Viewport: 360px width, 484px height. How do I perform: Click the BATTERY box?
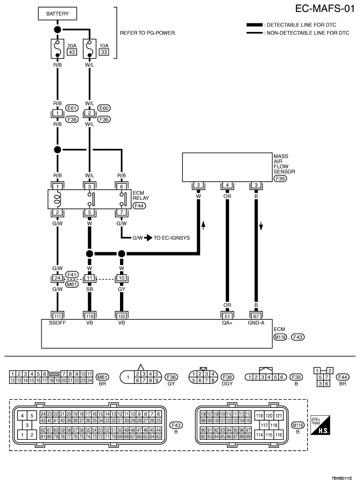tap(58, 14)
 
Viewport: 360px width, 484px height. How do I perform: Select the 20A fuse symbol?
tap(58, 49)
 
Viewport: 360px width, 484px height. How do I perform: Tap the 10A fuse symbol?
tap(90, 49)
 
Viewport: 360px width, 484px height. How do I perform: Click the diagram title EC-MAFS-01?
tap(325, 9)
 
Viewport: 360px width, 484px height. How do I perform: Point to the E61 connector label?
tap(72, 109)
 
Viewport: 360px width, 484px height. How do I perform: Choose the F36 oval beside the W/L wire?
tap(104, 119)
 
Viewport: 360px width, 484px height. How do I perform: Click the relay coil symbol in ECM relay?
tap(58, 199)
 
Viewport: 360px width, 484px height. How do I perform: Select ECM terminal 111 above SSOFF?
tap(58, 316)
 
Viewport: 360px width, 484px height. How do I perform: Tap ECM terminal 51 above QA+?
tap(227, 316)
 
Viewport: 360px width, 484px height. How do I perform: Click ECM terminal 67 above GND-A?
tap(256, 316)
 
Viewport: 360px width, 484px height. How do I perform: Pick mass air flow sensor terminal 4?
tap(227, 185)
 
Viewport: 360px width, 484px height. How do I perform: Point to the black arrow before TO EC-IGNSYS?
tap(148, 238)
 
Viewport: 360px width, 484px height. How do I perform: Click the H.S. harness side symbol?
tap(320, 425)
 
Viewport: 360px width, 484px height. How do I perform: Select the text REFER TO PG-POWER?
tap(148, 33)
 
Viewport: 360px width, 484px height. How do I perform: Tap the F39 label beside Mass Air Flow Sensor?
tap(280, 178)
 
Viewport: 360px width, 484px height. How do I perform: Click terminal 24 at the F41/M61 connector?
tap(58, 278)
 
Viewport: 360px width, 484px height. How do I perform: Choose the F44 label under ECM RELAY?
tap(139, 206)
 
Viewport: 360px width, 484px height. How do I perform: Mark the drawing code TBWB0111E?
tap(342, 478)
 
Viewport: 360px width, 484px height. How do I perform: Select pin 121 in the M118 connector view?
tap(279, 416)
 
